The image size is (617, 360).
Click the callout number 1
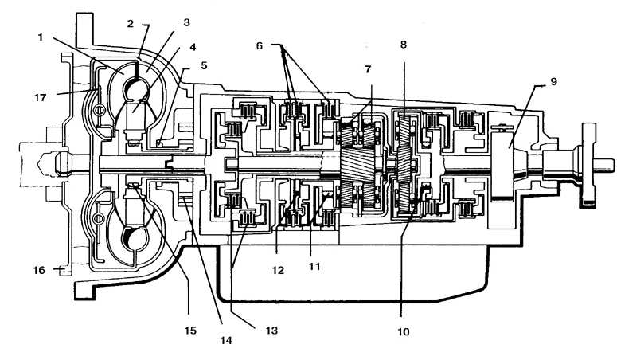[x=40, y=37]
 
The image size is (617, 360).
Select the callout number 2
[x=131, y=24]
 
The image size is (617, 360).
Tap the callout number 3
[x=186, y=22]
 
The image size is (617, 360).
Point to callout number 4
[x=193, y=47]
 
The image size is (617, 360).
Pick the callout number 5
[x=204, y=65]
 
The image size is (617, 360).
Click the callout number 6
[x=260, y=46]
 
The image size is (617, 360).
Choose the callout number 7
[x=368, y=70]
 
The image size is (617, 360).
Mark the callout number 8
[x=404, y=45]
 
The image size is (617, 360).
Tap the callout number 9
[x=553, y=82]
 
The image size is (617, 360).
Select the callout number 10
[x=404, y=332]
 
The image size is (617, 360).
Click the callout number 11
[x=314, y=267]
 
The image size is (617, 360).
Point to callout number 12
[x=278, y=270]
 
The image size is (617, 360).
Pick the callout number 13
[x=271, y=330]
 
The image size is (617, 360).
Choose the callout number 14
[x=226, y=340]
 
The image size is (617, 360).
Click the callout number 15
[x=190, y=330]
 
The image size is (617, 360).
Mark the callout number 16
[x=39, y=270]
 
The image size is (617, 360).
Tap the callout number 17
[x=41, y=97]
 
